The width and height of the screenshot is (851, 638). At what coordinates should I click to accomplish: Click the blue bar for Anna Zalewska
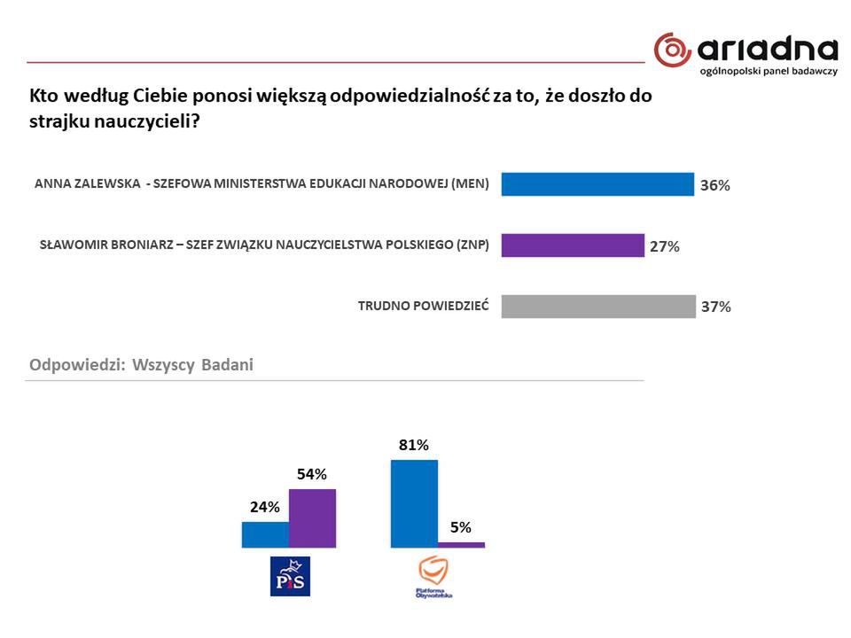(597, 184)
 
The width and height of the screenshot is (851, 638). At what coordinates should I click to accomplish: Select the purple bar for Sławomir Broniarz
(572, 245)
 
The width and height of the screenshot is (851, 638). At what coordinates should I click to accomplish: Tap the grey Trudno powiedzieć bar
(597, 307)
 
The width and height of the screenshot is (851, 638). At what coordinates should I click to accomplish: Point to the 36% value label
(714, 186)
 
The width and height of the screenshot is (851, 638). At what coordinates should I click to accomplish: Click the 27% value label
(665, 247)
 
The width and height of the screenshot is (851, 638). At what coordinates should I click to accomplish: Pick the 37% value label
(715, 307)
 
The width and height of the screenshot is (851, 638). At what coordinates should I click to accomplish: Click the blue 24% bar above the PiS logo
(265, 534)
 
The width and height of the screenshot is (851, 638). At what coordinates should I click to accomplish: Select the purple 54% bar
(312, 518)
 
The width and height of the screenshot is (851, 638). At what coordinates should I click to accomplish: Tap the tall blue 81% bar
(414, 503)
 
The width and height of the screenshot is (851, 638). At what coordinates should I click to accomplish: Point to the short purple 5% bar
(461, 544)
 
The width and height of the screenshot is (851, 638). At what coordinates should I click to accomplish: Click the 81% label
(414, 445)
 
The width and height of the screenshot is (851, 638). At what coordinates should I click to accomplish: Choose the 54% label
(312, 474)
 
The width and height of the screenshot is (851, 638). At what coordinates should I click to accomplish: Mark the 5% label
(461, 527)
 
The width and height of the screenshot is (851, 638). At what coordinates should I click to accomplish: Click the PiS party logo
(290, 576)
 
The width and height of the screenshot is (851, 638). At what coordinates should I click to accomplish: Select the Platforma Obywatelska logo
(433, 577)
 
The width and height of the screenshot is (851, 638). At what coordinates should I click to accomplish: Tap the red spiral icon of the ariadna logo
(672, 50)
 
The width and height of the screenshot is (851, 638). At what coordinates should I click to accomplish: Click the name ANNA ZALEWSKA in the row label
(86, 184)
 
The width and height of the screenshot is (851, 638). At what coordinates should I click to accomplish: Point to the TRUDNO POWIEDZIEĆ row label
(423, 307)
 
